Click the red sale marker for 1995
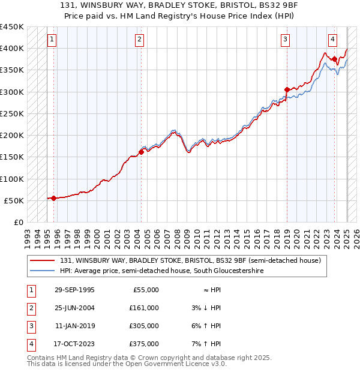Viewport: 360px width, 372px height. [54, 198]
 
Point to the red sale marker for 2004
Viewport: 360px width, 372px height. [141, 152]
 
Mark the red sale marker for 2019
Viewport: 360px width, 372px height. [287, 89]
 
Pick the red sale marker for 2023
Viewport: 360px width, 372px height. [334, 59]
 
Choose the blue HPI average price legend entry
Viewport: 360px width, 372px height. [161, 271]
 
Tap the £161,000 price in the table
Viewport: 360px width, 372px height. [144, 308]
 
